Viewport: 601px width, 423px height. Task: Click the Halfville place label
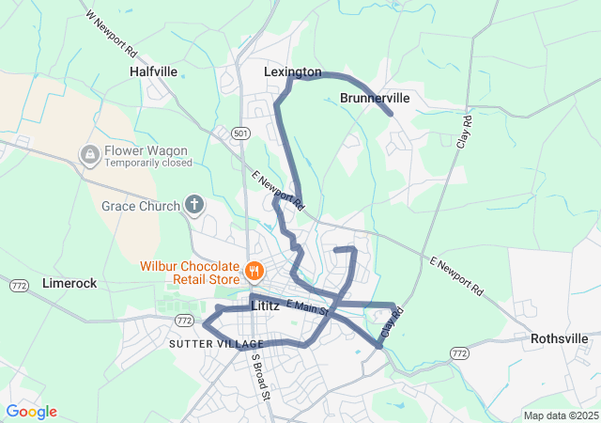tap(153, 70)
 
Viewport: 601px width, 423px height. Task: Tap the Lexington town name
tap(292, 71)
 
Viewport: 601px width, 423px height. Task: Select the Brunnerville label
tap(375, 98)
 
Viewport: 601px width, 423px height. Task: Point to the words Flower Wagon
tap(146, 150)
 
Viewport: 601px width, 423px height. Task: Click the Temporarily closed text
tap(148, 163)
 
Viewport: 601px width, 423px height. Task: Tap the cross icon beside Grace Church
tap(194, 204)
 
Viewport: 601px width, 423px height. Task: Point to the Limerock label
tap(69, 283)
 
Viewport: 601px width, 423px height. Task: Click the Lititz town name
tap(267, 306)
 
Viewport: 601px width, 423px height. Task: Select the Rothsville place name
tap(559, 338)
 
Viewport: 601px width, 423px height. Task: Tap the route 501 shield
tap(242, 133)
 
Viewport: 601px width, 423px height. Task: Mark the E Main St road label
tap(306, 305)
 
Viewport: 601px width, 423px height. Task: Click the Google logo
tap(31, 412)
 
